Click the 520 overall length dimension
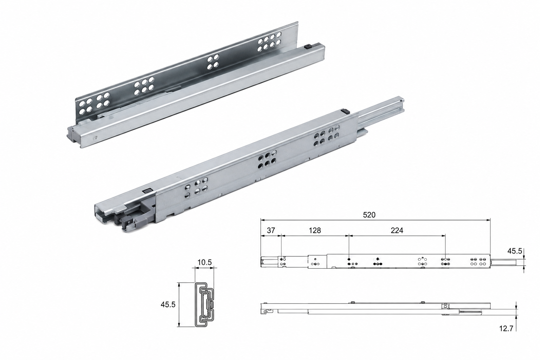[x=369, y=215]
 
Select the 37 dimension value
[x=271, y=231]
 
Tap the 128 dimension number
[x=315, y=231]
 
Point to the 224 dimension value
[x=397, y=231]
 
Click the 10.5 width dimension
[x=204, y=262]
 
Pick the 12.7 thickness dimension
[x=506, y=328]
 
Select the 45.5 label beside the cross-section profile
[x=168, y=304]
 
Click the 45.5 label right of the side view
[x=515, y=251]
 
